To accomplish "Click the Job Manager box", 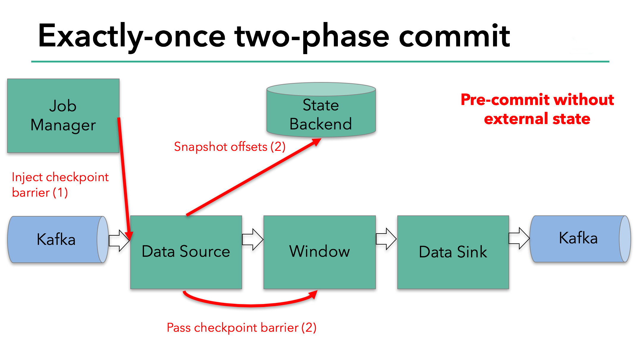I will point(63,115).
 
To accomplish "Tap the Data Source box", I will point(186,252).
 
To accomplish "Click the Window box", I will point(319,252).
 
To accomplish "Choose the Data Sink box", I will point(453,252).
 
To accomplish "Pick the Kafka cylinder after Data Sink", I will point(578,238).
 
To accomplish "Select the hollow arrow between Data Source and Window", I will point(252,239).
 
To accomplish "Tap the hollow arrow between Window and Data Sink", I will point(386,239).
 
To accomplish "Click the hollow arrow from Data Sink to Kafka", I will point(519,238).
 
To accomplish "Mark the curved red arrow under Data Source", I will point(250,305).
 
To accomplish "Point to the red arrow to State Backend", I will point(253,177).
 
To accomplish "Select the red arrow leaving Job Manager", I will point(124,179).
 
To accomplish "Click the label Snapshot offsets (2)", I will point(230,147).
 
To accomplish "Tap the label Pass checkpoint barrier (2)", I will point(241,328).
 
